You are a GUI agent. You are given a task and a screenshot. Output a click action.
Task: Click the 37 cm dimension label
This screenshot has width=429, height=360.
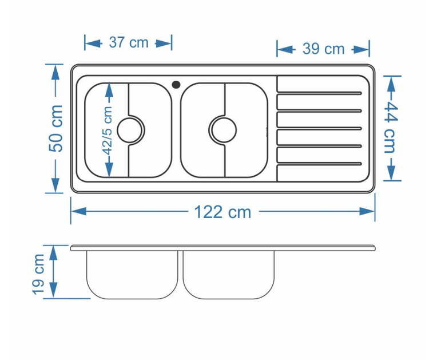coord(129,42)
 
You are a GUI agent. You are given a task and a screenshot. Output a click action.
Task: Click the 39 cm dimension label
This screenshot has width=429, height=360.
coord(323,49)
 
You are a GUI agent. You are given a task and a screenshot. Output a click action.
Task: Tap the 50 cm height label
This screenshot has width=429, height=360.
coord(56,128)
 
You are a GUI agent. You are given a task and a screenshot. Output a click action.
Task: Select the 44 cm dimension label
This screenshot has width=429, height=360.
coord(390,128)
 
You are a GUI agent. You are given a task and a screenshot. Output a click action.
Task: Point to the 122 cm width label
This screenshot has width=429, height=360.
coord(223,212)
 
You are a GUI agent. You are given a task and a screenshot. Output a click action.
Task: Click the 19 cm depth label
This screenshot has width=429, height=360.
coord(38,275)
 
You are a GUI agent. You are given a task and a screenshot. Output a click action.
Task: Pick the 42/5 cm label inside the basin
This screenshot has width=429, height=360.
coord(108,130)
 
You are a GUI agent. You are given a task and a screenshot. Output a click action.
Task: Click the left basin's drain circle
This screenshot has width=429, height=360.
coord(129,130)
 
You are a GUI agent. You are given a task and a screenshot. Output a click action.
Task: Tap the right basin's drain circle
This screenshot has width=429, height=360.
coord(224,130)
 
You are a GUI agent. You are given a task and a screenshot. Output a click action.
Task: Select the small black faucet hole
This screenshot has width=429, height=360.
coord(176,84)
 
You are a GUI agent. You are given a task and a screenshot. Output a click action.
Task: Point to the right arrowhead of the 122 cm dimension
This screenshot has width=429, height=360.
coord(367,211)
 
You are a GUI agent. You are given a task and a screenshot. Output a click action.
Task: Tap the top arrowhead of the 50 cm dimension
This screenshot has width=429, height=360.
coord(55,72)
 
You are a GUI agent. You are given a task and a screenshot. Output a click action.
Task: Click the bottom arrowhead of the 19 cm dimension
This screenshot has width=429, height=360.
coord(54,290)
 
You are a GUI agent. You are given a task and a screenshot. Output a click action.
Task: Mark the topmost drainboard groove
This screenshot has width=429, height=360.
coord(319,93)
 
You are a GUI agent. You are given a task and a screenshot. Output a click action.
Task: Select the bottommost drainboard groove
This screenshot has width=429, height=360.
coord(319,164)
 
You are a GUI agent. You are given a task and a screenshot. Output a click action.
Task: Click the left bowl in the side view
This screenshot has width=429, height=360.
coord(133,275)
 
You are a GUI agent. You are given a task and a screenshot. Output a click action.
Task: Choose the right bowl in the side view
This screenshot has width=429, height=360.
coord(228,275)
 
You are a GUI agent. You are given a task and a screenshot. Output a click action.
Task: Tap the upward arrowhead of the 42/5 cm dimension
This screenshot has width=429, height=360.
coord(109,90)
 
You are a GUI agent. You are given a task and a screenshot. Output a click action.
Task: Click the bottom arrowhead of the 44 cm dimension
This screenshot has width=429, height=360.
coord(392,173)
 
